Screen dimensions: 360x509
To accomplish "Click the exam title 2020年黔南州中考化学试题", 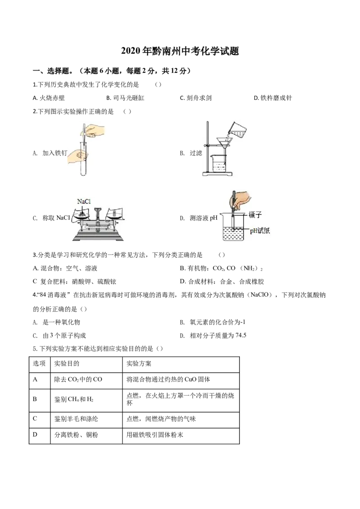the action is tap(180, 51).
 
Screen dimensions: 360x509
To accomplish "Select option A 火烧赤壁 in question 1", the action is tap(49, 98).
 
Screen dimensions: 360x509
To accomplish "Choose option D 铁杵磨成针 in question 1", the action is tap(273, 98).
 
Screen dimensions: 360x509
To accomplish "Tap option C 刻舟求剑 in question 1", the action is tap(196, 98).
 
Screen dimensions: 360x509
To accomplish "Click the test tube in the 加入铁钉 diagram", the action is tap(84, 159).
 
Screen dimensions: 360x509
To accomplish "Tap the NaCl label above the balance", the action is tap(84, 201).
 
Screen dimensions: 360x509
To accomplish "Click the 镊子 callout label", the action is tap(255, 214).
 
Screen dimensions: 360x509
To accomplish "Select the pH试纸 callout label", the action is tap(260, 231).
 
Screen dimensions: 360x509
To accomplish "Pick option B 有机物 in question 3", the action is tap(221, 268).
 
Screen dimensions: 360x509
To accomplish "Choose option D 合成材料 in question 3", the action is tap(222, 282).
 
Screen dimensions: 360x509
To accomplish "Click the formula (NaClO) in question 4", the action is tap(259, 295).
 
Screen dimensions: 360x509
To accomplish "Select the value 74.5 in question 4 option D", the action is tap(241, 335).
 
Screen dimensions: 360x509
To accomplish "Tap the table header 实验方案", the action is tap(139, 364).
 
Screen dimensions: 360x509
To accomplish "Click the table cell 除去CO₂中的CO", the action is tap(78, 379).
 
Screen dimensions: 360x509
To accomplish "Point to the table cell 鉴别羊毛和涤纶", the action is tap(76, 419).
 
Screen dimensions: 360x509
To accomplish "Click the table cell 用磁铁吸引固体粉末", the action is tap(155, 435).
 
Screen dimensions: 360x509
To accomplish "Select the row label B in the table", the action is tap(35, 399).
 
